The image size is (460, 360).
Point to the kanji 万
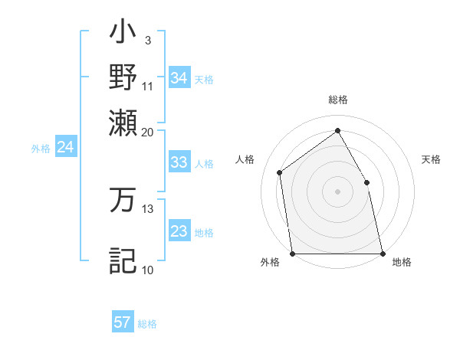click(123, 199)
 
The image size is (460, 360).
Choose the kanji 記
click(123, 260)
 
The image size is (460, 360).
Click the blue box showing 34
click(179, 78)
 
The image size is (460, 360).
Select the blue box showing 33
click(179, 162)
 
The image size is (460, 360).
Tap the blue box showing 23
click(179, 231)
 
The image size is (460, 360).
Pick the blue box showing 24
click(65, 148)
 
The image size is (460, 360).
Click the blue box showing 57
click(123, 322)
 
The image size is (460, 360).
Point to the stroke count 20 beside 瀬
click(148, 132)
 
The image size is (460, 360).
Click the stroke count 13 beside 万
click(148, 208)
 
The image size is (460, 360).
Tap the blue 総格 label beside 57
click(147, 324)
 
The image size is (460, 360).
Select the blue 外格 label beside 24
click(41, 149)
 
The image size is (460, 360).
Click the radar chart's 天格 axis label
click(431, 159)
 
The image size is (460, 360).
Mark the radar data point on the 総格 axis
click(337, 130)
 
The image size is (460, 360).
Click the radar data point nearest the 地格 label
click(382, 253)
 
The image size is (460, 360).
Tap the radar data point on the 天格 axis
click(366, 182)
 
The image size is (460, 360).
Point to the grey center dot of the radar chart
click(337, 191)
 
